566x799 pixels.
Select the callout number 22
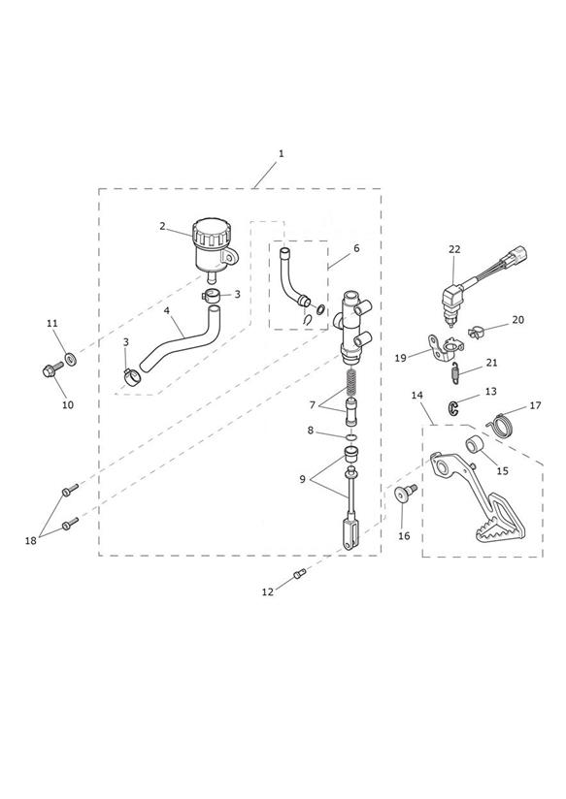click(454, 249)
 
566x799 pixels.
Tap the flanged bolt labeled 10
click(52, 370)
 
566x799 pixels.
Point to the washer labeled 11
click(71, 357)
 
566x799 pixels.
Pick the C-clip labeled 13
click(452, 407)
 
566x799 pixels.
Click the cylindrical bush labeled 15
click(475, 444)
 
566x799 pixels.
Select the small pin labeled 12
click(300, 574)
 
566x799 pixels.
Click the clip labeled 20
click(476, 333)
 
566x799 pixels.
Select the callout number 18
click(31, 541)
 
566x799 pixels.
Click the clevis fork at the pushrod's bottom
click(351, 532)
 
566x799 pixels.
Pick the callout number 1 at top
click(281, 153)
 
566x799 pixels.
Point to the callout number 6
click(356, 248)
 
